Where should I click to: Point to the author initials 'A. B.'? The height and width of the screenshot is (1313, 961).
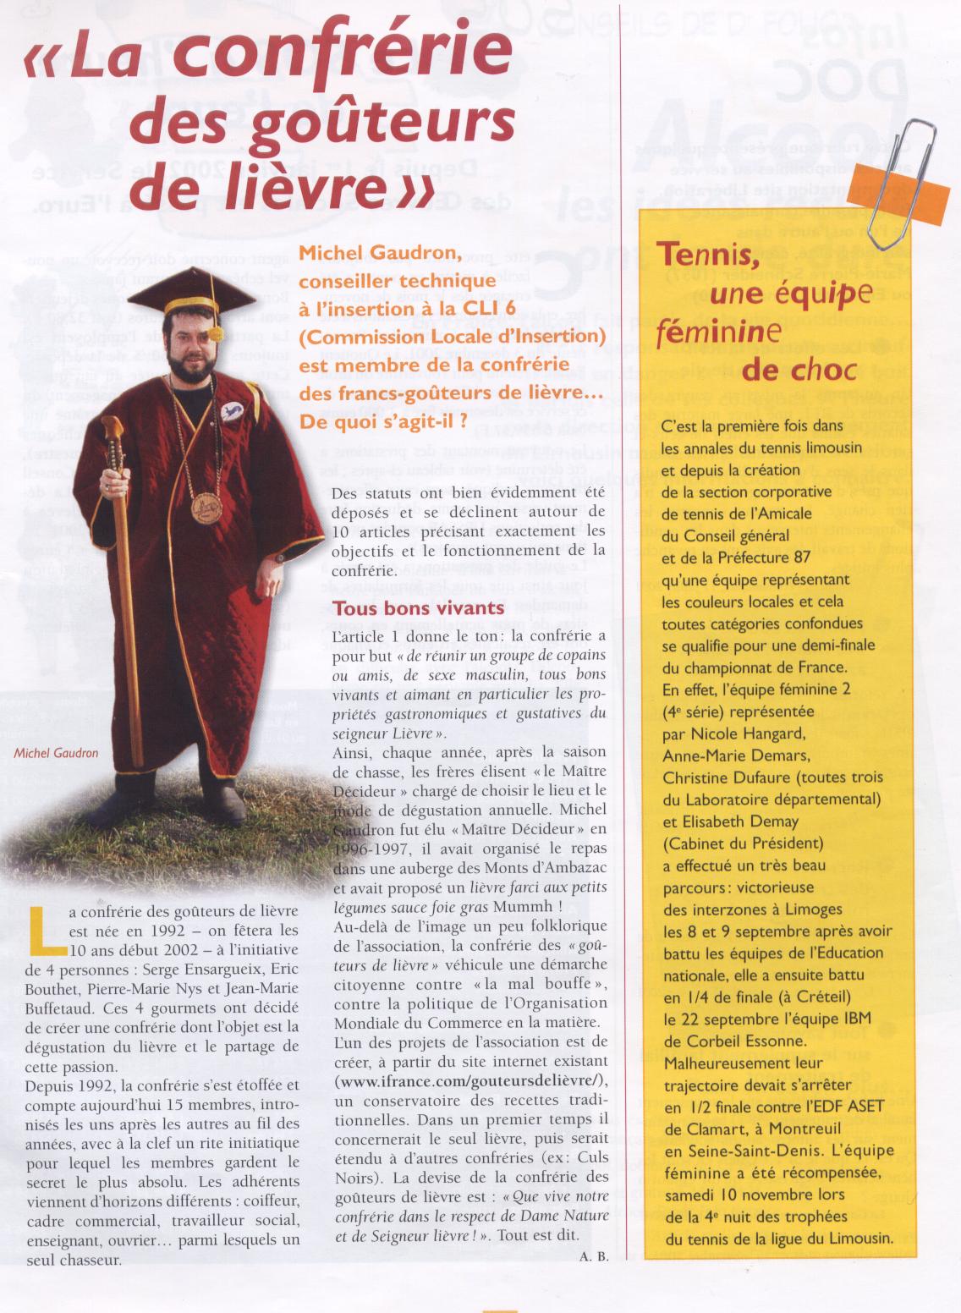click(594, 1255)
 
